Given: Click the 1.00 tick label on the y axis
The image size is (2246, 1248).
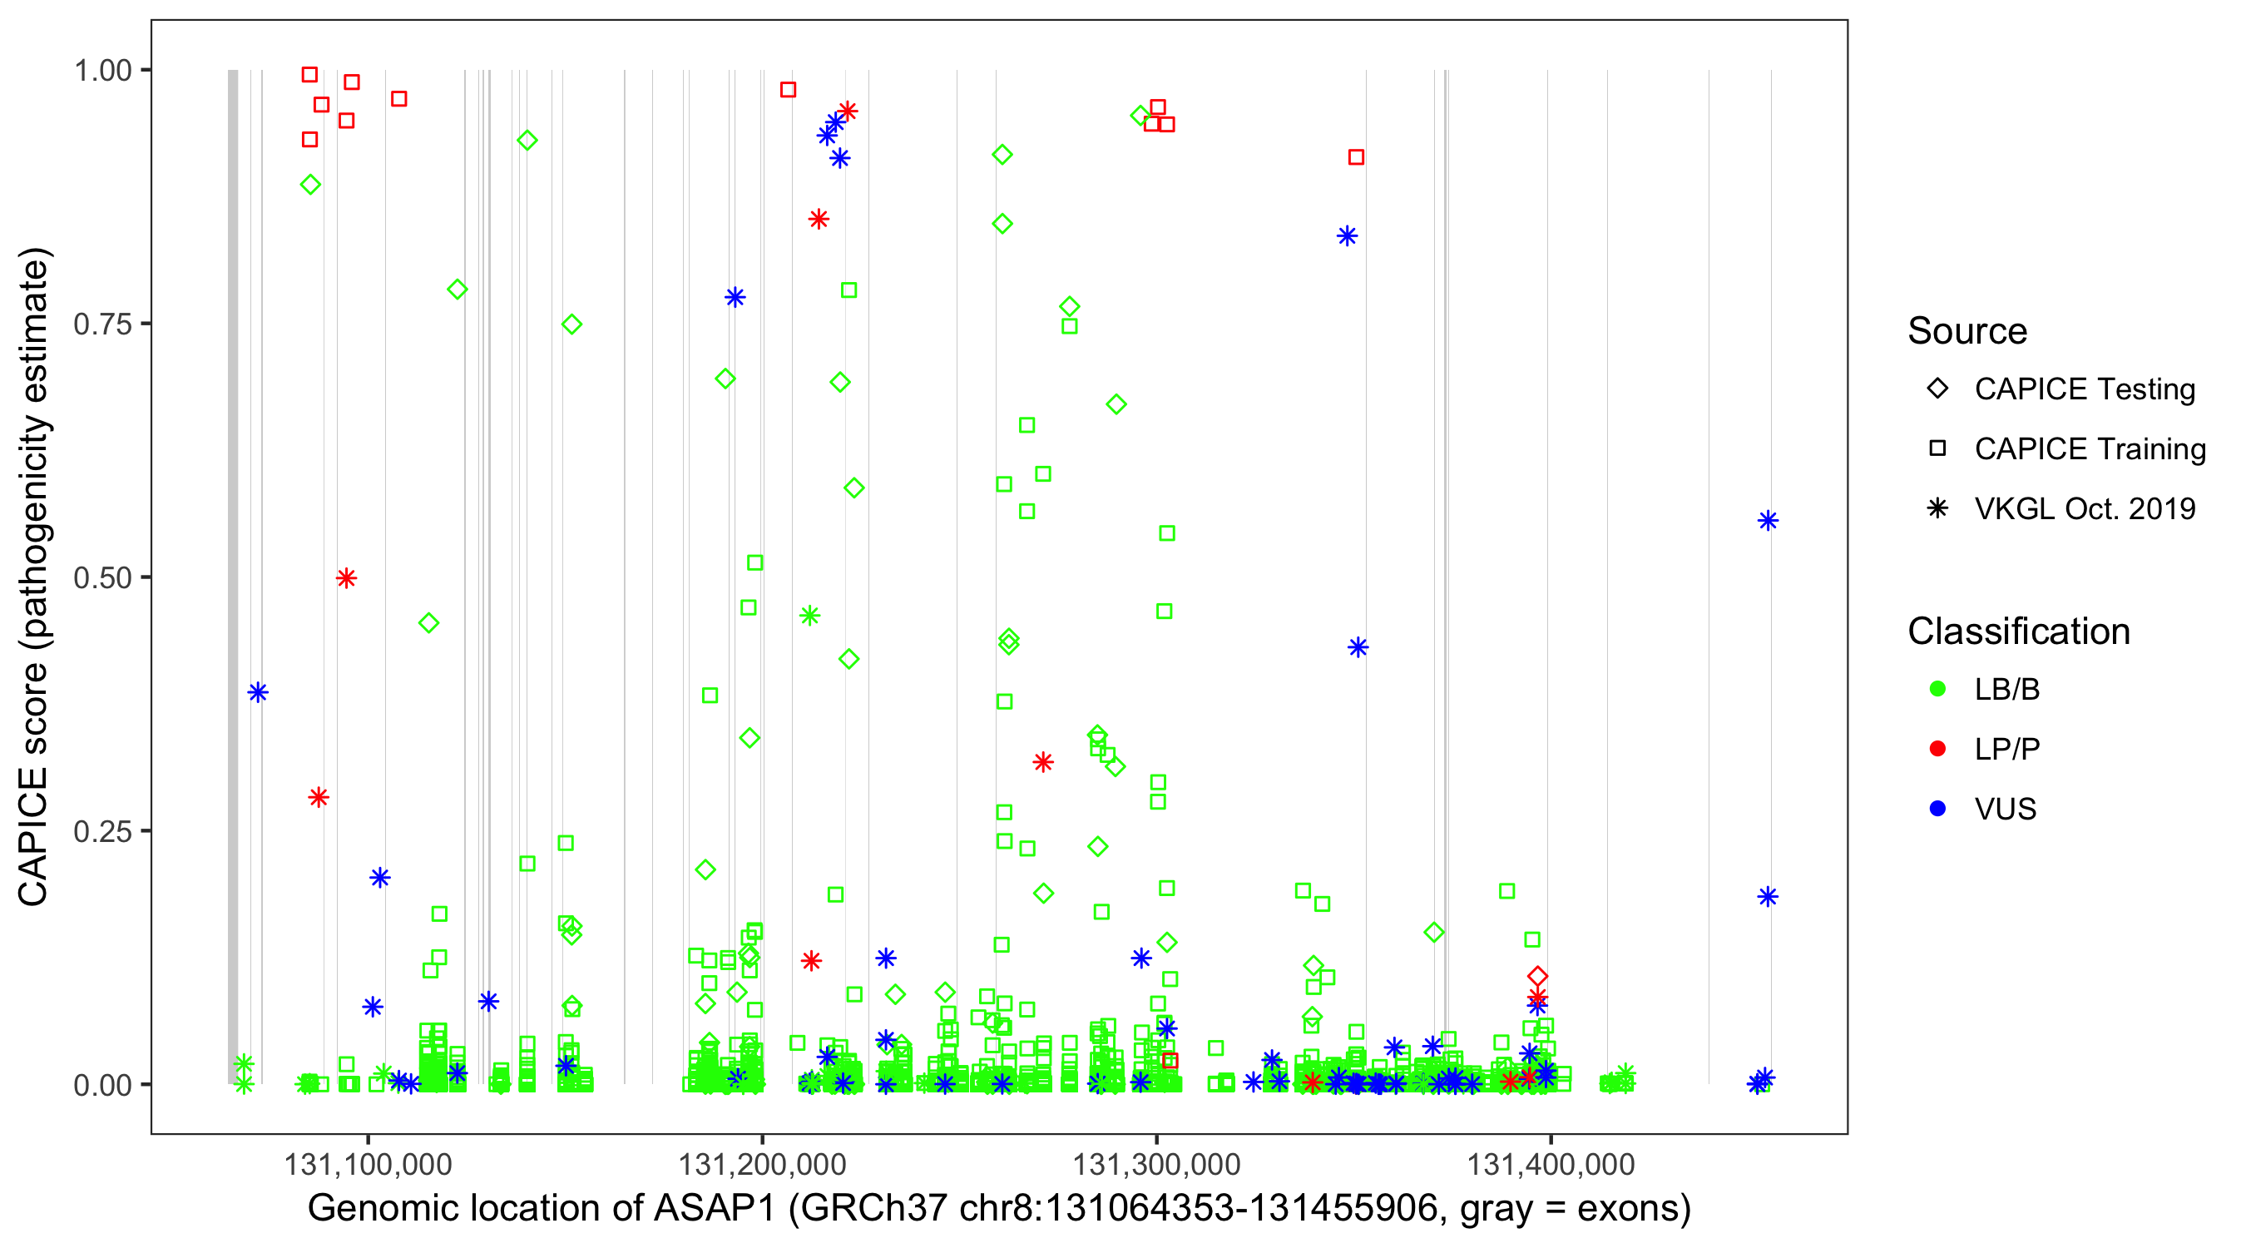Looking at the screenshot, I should (101, 70).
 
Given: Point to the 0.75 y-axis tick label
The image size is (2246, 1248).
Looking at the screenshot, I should (101, 324).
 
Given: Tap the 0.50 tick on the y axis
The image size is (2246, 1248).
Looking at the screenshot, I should (101, 577).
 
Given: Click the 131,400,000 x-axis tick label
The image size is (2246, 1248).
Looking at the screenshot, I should (1551, 1164).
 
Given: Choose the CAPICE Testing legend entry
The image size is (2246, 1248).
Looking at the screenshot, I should (2085, 389).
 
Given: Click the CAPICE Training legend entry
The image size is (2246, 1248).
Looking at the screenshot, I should (2090, 449).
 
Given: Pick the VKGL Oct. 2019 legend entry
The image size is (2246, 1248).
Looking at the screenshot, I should (2085, 508).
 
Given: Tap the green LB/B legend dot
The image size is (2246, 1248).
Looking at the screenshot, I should (1938, 689).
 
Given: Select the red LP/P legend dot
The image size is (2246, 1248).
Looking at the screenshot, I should (1938, 749).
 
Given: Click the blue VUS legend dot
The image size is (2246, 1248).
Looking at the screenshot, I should (1938, 809).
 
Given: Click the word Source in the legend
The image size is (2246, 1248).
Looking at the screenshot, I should (1967, 331).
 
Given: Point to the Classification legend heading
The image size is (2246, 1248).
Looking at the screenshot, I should (2018, 631).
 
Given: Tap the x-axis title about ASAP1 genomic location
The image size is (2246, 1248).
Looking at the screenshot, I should (999, 1209).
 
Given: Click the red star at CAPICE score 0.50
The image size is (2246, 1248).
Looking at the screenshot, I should (346, 578).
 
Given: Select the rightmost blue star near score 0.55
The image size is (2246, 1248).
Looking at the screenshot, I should (1768, 521).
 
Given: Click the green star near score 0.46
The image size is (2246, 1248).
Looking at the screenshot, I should (809, 616).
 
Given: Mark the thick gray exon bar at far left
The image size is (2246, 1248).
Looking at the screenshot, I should (233, 576).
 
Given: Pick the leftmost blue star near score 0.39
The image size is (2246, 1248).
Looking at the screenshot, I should (257, 692).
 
